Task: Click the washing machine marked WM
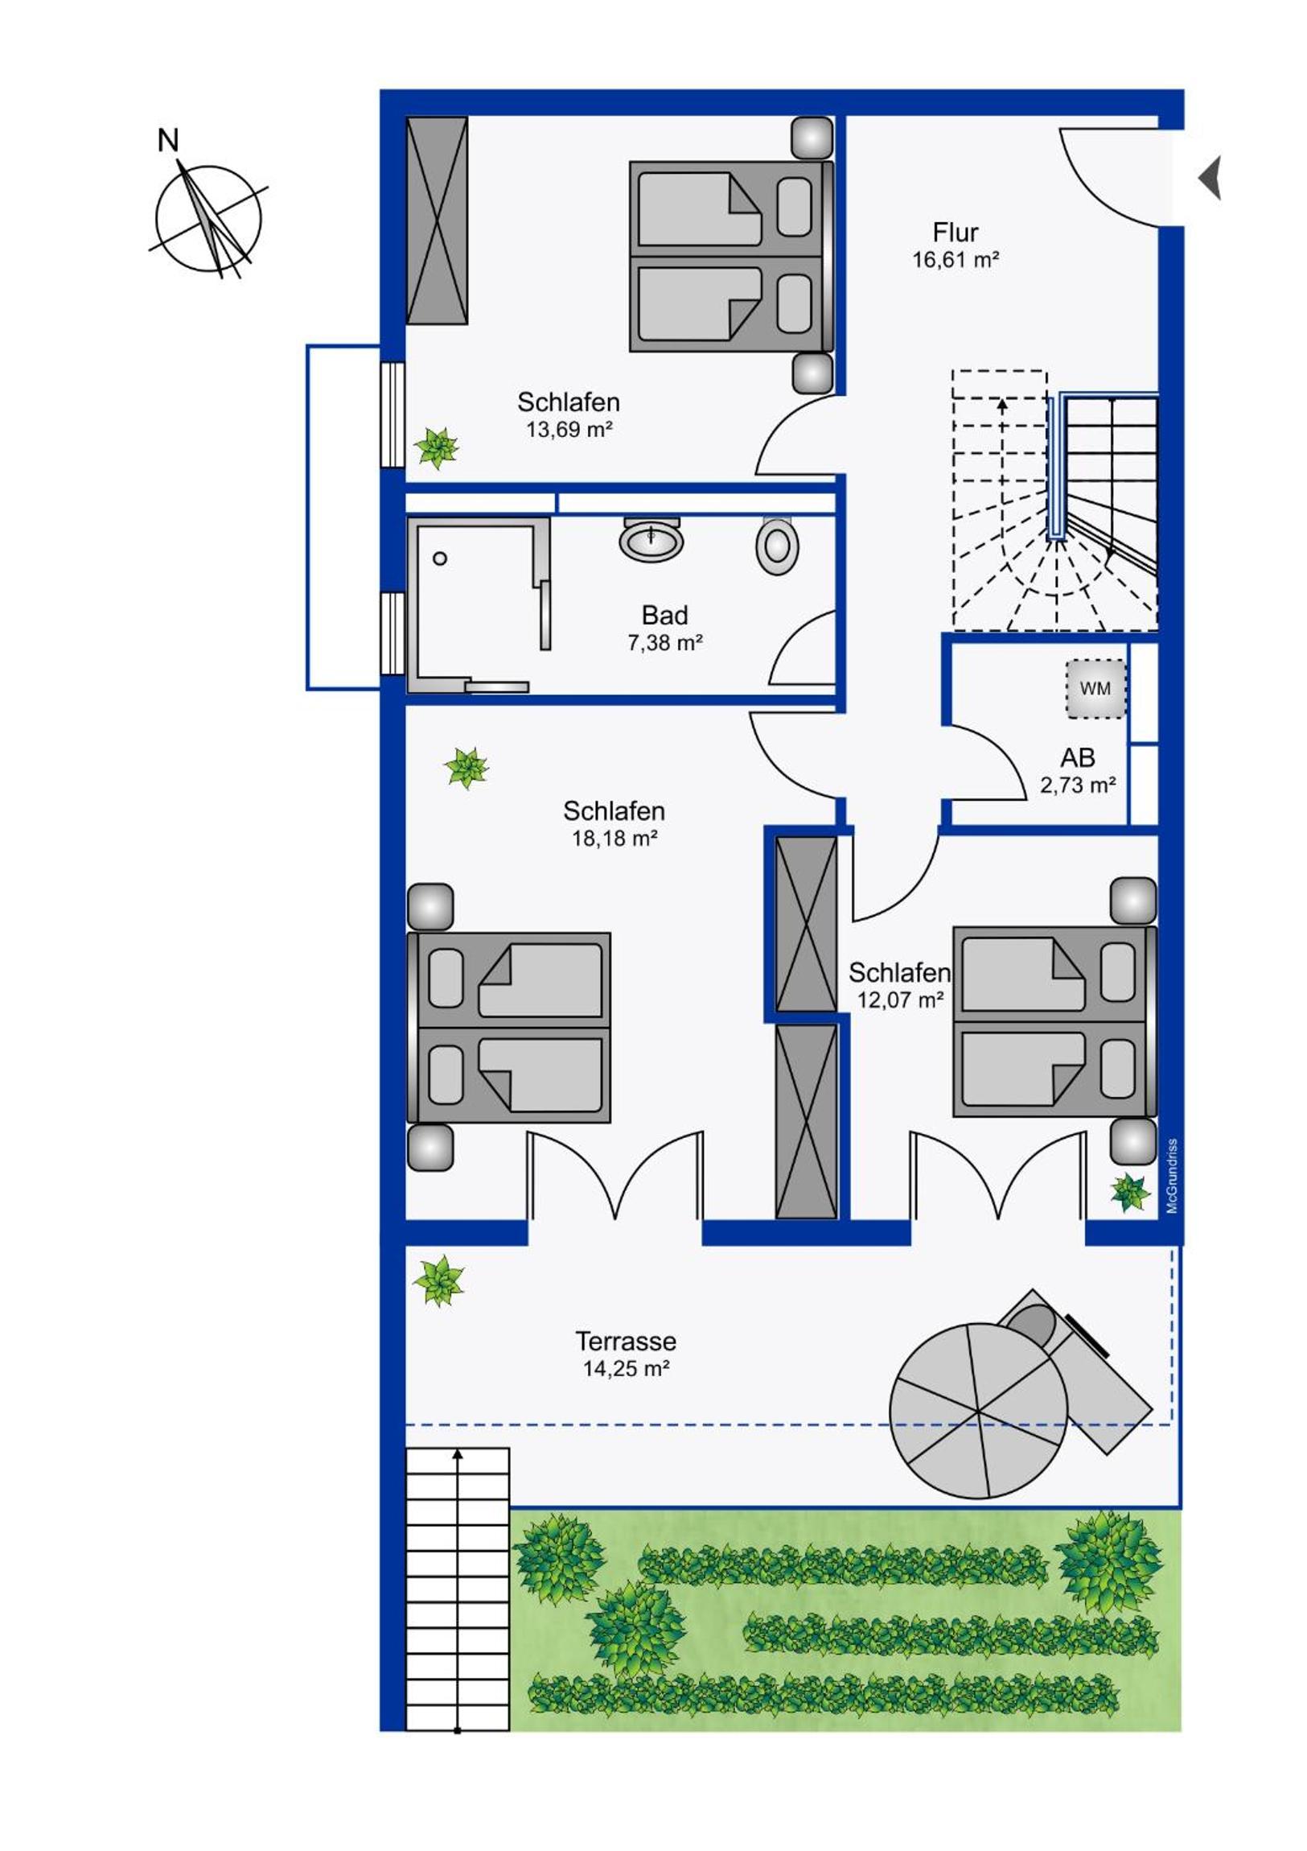1095,689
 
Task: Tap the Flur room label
955,233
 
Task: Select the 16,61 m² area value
956,260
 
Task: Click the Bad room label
665,616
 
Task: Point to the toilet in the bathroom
777,545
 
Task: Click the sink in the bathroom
651,539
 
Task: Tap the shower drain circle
440,558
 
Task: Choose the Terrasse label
625,1342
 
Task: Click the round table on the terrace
979,1412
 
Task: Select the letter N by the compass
167,142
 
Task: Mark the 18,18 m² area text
614,839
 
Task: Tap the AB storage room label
1077,758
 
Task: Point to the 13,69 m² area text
569,430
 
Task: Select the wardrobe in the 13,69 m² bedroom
437,220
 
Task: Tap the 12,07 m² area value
900,1000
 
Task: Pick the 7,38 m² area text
665,643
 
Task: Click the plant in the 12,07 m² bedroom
1130,1193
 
